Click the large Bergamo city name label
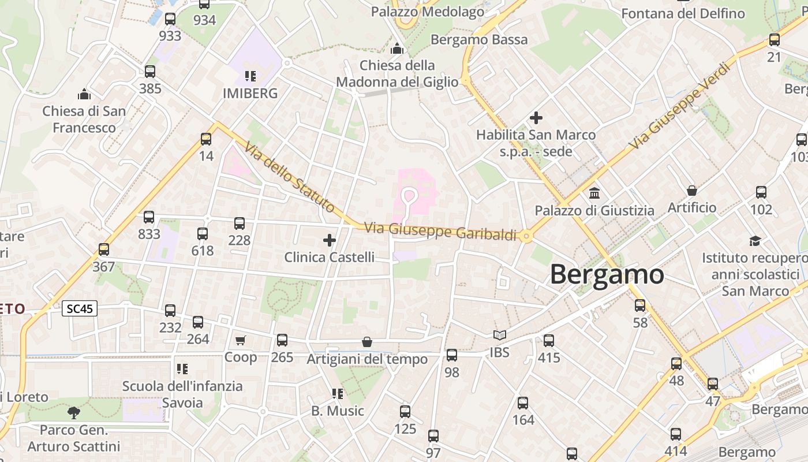(607, 274)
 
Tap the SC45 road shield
(80, 308)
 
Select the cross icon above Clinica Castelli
(330, 240)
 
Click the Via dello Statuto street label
(289, 177)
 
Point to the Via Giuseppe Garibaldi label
(440, 230)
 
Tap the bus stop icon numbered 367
(104, 249)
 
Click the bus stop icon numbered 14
(206, 139)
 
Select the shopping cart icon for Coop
(241, 341)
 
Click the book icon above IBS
(499, 335)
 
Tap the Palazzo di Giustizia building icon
(594, 193)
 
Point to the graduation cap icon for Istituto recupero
(755, 241)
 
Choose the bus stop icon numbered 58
(640, 305)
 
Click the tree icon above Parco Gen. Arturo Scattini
(74, 412)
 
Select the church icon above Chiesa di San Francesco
(84, 94)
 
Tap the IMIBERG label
(250, 93)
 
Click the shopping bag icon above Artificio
(691, 190)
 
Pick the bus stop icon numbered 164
(523, 403)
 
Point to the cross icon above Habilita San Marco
(536, 118)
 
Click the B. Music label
(338, 411)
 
